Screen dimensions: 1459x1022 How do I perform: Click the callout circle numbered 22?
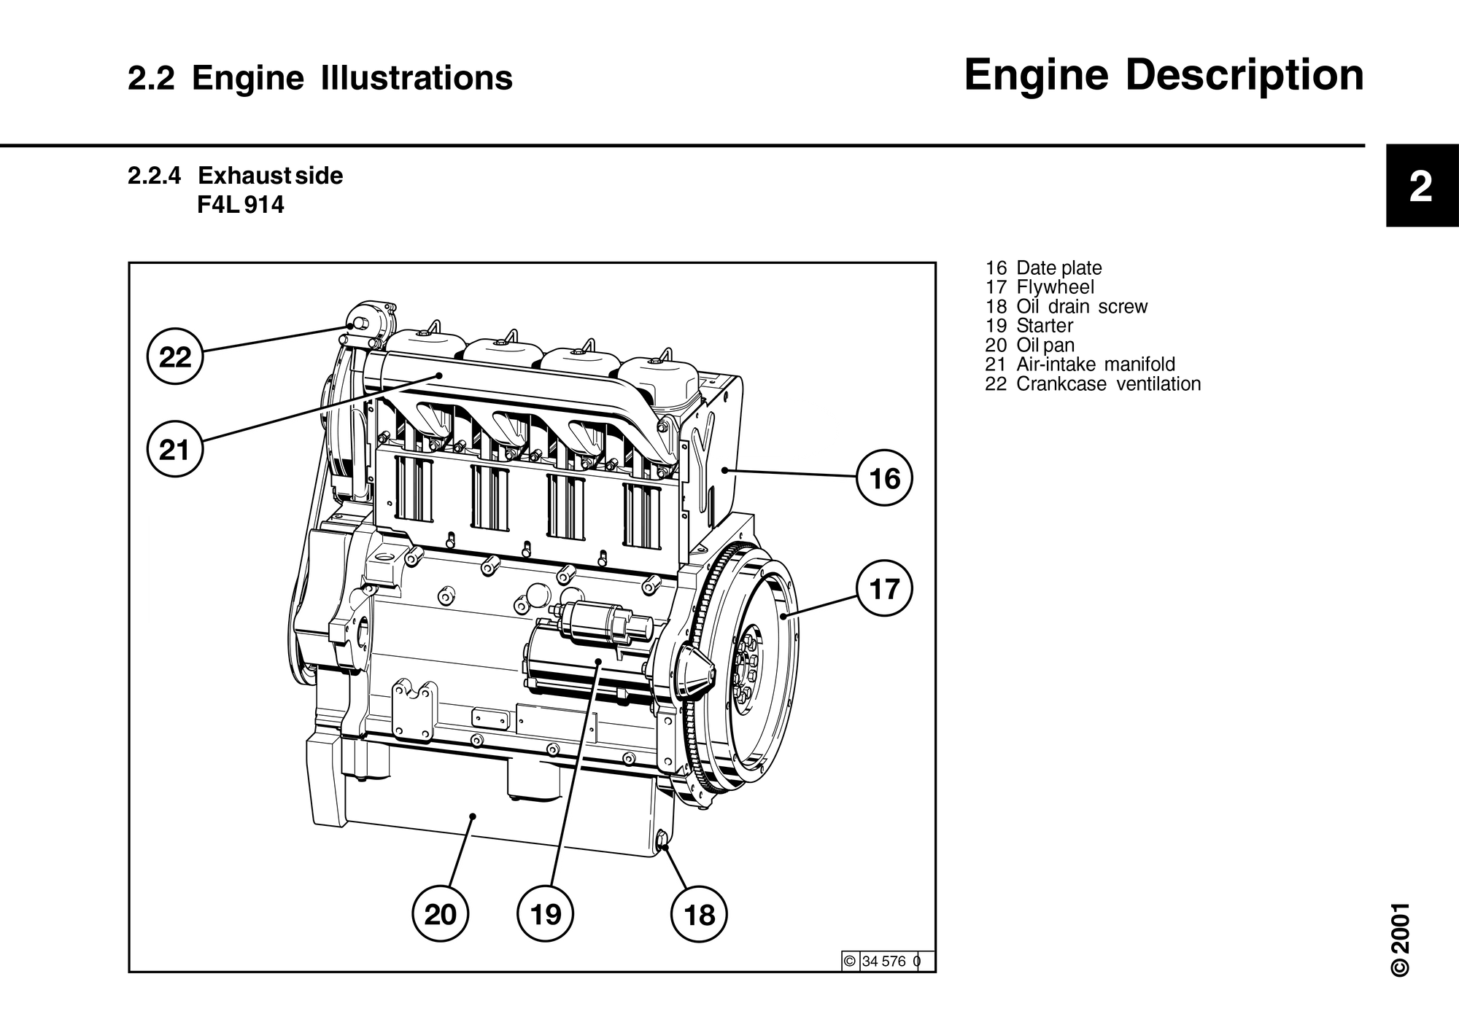click(175, 357)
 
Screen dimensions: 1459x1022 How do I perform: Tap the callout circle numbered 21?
click(175, 450)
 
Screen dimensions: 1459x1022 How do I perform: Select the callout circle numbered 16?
click(884, 478)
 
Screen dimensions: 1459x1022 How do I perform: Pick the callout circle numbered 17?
click(884, 588)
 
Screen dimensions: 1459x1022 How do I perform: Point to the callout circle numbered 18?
click(700, 914)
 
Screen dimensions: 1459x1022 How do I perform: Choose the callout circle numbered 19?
click(546, 913)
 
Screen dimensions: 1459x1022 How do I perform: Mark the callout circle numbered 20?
click(440, 913)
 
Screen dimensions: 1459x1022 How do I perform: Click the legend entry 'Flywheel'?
click(1055, 287)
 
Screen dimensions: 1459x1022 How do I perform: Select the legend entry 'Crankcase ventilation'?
click(1108, 384)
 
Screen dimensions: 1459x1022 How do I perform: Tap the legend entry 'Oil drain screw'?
click(1082, 307)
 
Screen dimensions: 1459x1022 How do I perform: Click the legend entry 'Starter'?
click(1045, 326)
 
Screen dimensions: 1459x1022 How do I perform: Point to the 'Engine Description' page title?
click(1164, 76)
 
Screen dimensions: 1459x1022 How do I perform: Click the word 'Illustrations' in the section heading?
click(416, 79)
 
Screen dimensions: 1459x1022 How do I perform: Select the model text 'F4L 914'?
click(240, 206)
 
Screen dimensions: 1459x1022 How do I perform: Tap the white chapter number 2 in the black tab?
click(1420, 188)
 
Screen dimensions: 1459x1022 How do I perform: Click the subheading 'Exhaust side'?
click(270, 176)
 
